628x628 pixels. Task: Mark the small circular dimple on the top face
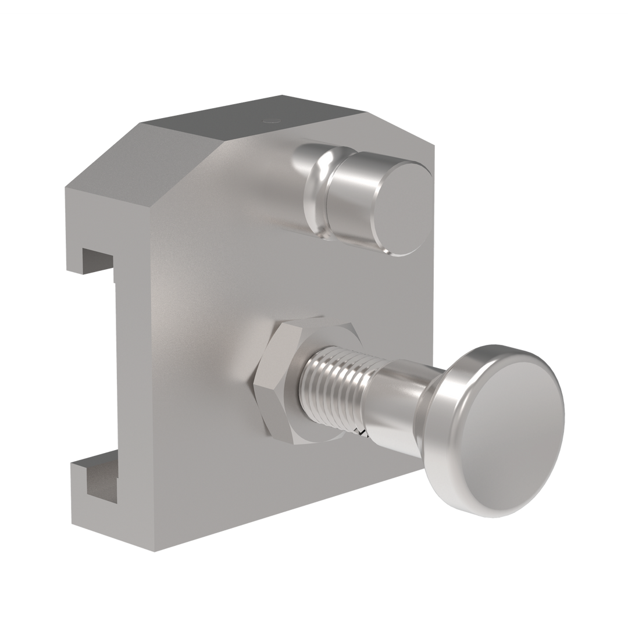tap(269, 120)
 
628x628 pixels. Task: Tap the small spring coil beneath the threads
tap(362, 432)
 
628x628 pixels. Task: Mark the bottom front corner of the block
tap(154, 550)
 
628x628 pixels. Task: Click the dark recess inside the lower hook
tap(102, 480)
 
